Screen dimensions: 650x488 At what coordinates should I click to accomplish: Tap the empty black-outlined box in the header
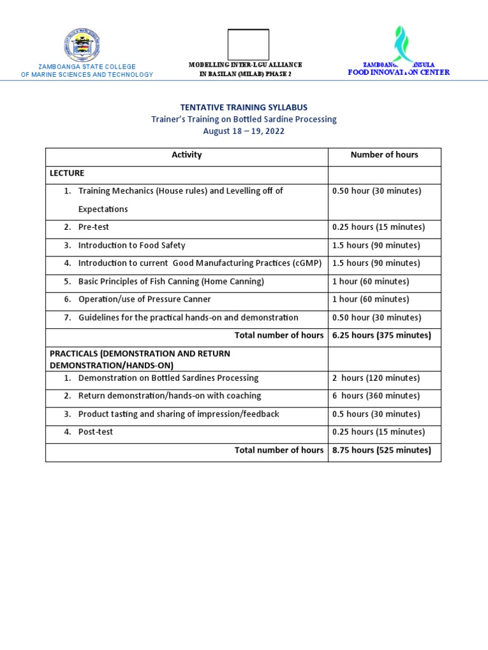(248, 44)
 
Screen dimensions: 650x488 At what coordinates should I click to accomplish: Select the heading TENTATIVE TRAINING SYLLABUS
(244, 107)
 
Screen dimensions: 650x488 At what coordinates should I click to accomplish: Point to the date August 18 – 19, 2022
(244, 131)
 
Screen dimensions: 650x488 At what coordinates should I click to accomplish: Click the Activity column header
(187, 155)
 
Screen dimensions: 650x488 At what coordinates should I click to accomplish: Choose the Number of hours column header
(384, 155)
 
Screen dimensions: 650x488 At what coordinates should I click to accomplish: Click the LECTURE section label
(67, 173)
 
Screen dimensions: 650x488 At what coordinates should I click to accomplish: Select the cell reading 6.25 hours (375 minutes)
(381, 335)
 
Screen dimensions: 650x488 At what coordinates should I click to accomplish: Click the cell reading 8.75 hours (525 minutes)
(381, 450)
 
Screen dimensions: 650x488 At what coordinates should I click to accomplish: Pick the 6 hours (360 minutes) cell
(376, 395)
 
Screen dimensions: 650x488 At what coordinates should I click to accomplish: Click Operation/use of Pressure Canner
(144, 299)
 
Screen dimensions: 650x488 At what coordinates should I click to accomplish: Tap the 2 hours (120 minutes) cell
(376, 378)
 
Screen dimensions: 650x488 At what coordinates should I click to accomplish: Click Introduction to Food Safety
(132, 245)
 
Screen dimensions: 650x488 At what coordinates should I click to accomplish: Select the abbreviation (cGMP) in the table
(308, 263)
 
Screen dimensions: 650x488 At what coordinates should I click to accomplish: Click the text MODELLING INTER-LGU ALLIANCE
(245, 65)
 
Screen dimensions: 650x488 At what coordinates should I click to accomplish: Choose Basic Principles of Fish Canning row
(171, 281)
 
